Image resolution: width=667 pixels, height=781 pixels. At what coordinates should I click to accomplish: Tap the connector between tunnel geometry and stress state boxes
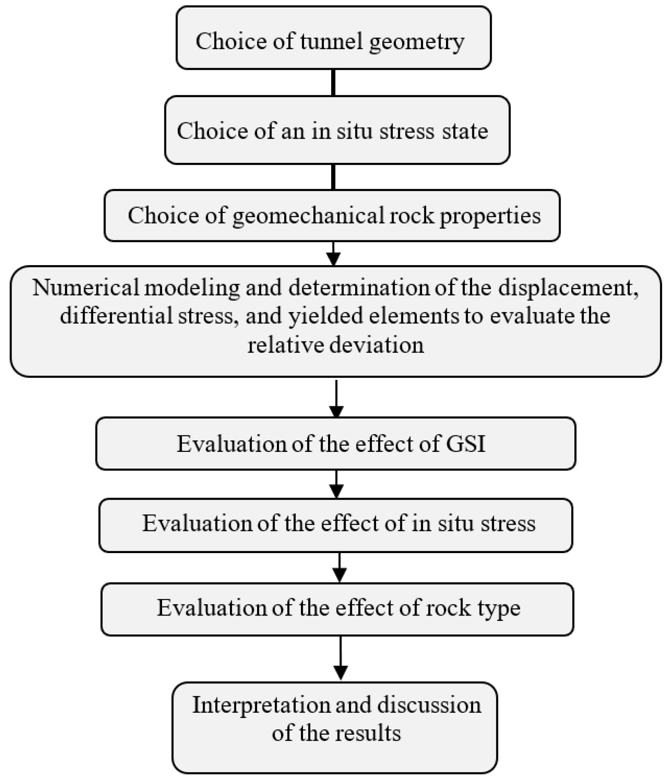point(333,83)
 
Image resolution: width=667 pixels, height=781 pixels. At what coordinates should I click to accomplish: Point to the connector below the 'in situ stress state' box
point(333,177)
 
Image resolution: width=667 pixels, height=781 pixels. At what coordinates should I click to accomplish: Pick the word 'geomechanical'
point(308,216)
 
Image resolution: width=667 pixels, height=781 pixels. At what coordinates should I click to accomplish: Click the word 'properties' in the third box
point(490,216)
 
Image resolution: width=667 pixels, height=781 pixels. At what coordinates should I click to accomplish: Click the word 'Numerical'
point(86,288)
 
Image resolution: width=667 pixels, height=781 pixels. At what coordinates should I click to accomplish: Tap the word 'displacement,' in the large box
point(568,288)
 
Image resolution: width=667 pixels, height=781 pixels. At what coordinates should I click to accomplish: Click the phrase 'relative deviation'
point(335,344)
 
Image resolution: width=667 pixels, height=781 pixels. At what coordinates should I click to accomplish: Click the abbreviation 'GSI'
point(465,444)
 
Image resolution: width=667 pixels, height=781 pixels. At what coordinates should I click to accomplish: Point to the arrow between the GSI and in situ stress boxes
point(336,484)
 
